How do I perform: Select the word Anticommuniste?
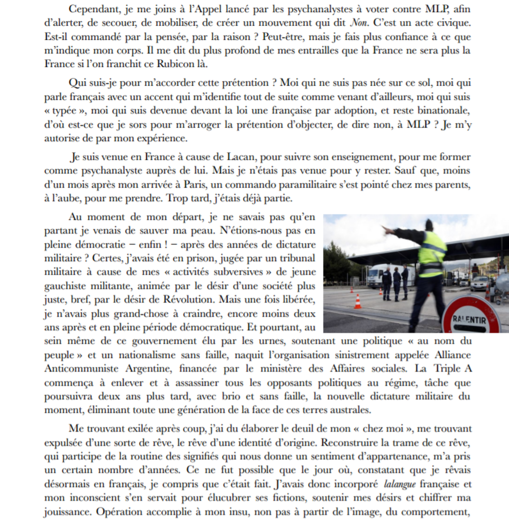(x=81, y=368)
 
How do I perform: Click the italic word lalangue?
(x=399, y=484)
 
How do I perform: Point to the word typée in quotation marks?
(x=64, y=110)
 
